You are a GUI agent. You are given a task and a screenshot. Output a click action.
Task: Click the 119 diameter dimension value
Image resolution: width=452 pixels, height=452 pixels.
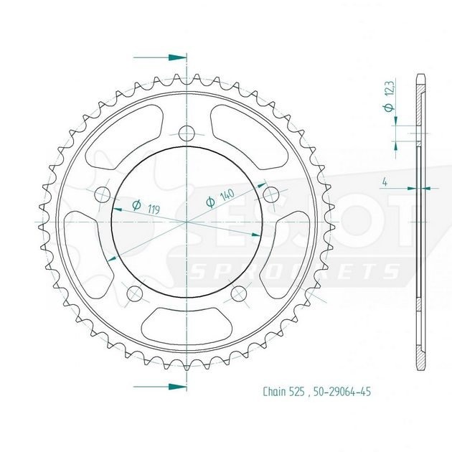coord(154,209)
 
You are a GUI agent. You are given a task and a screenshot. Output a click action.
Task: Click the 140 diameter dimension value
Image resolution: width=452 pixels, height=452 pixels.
coord(227,195)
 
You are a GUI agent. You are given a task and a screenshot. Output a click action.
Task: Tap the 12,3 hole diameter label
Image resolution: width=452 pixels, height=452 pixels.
coord(390,88)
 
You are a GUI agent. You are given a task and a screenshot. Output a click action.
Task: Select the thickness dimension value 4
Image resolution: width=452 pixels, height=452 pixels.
coord(385,182)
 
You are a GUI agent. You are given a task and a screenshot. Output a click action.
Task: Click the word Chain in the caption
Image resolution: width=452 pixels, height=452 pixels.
coord(274,392)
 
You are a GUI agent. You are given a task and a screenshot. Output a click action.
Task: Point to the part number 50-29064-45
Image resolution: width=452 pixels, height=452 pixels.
coord(342,392)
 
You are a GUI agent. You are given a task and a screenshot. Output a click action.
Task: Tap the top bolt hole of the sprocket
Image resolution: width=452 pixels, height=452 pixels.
coord(187,133)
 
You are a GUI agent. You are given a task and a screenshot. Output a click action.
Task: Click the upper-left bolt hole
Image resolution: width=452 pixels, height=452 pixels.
coord(103,194)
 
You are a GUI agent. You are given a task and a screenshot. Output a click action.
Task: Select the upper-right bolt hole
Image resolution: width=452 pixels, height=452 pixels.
coord(271,194)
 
